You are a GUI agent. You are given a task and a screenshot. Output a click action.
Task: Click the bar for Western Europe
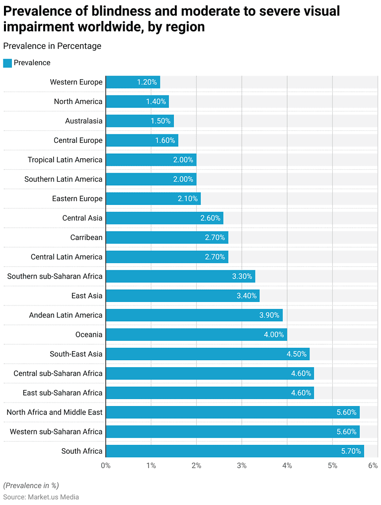133,82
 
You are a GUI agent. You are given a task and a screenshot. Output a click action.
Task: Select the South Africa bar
234,451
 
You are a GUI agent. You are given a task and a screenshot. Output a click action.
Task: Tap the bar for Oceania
196,335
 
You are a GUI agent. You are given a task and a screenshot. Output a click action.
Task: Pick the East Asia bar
182,296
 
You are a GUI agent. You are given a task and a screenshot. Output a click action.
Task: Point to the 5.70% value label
351,451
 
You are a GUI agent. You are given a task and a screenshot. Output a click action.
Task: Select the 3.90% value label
269,315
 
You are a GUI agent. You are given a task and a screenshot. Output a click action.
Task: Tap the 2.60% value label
210,218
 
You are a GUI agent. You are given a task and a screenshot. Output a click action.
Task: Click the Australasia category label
83,121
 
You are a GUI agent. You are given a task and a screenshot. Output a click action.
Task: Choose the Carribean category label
86,237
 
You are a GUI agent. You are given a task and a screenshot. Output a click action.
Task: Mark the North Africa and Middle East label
55,412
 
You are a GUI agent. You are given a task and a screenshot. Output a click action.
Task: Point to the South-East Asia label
76,354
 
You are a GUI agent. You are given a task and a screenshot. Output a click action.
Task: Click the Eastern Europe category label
77,199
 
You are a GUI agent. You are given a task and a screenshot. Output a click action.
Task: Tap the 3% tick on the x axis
241,466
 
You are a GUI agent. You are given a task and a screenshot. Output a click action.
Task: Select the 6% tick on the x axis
373,466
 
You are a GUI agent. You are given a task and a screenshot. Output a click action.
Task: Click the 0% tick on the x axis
106,466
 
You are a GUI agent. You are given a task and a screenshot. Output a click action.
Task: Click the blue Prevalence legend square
7,63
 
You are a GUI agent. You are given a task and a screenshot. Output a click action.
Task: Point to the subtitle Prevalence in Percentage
52,46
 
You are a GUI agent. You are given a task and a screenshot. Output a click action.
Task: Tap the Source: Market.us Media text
41,497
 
